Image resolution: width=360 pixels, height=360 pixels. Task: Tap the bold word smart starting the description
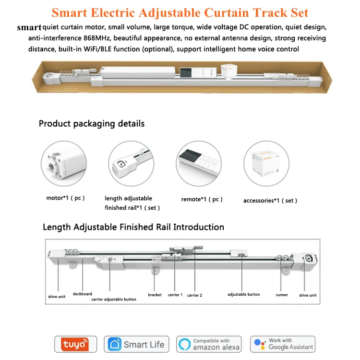coord(29,27)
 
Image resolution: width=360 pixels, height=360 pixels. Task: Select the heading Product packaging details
coord(91,123)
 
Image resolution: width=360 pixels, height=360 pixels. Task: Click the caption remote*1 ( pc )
coord(202,199)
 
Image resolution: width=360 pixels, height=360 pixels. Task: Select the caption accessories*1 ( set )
coord(270,201)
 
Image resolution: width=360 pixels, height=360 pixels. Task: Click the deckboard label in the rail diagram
coord(82,294)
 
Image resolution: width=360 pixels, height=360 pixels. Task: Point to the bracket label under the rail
coord(155,295)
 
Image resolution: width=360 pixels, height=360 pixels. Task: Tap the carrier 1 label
coord(175,295)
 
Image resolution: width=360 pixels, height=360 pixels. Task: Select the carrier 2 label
coord(194,295)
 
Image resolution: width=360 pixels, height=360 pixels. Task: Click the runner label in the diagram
coord(282,295)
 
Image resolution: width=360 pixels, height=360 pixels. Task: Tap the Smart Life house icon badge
coord(137,344)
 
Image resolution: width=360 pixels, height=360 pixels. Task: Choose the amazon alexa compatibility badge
coord(209,344)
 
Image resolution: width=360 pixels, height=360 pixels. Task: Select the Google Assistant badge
coord(283,344)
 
